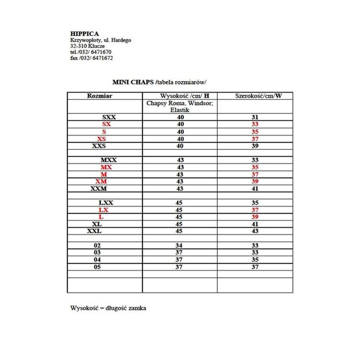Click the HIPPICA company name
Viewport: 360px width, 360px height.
point(84,33)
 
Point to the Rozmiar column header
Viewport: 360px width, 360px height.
point(99,96)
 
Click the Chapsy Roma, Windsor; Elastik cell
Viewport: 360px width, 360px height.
point(180,106)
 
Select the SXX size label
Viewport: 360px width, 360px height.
point(109,117)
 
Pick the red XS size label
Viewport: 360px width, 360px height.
point(101,139)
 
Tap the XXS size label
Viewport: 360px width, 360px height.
point(99,146)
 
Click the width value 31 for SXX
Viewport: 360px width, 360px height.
point(255,117)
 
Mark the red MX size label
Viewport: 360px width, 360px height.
point(106,167)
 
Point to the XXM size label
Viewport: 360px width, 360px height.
point(99,188)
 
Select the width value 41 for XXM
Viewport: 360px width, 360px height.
point(255,188)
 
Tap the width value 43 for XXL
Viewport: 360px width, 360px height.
point(255,231)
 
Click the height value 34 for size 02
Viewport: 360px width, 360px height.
point(180,245)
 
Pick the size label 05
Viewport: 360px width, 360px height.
point(97,266)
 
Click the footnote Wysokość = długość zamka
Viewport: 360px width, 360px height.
point(108,308)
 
